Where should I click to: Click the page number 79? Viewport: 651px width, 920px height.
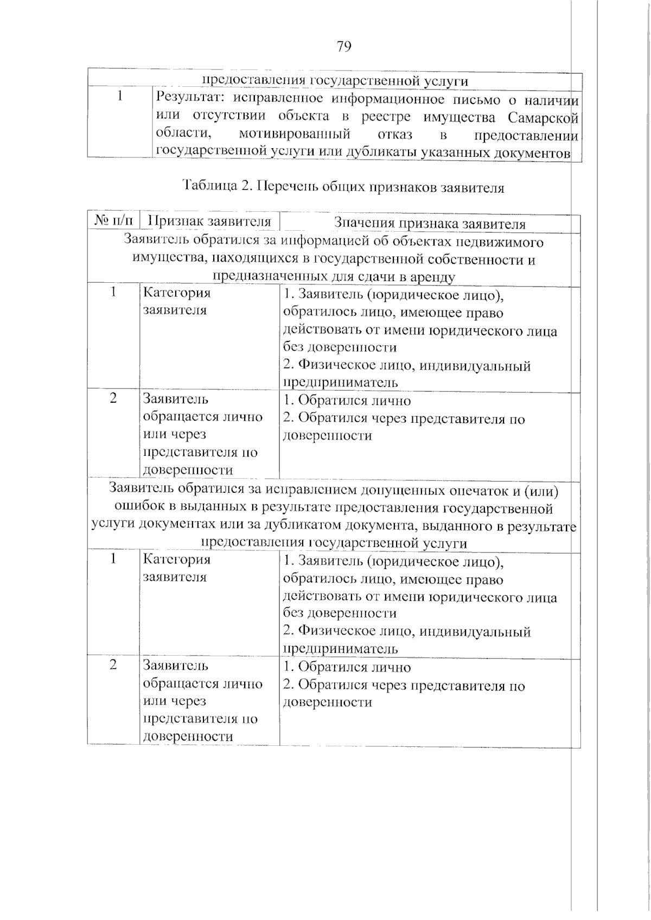click(x=344, y=47)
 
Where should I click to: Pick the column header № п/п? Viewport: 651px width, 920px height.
click(x=113, y=221)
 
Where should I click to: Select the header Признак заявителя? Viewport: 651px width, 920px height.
click(x=209, y=221)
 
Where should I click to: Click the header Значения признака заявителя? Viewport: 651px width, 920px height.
click(x=430, y=223)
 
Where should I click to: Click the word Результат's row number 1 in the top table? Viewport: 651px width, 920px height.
click(x=119, y=96)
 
